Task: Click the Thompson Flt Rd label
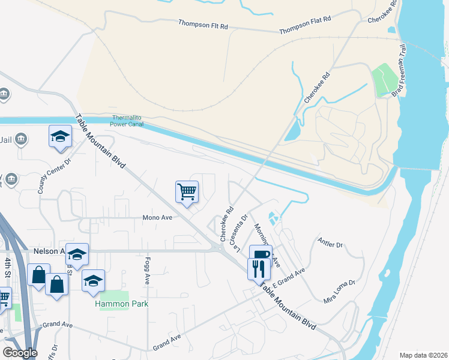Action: (x=203, y=25)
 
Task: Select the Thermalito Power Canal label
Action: (x=128, y=121)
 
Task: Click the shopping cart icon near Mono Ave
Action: (x=187, y=192)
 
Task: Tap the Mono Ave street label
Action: (x=157, y=218)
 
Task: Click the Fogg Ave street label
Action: (x=146, y=271)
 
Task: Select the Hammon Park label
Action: (x=122, y=304)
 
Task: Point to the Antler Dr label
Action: (x=330, y=245)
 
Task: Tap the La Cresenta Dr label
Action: (x=240, y=233)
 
